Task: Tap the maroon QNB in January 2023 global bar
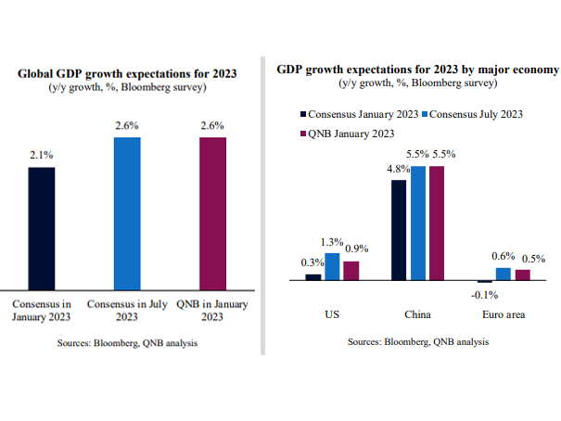tap(212, 213)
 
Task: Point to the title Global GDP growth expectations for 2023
tap(128, 73)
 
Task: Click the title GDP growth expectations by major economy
tap(417, 70)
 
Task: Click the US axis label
tap(332, 314)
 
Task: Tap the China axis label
tap(417, 314)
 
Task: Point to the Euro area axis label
tap(504, 314)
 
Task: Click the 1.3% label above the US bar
tap(332, 242)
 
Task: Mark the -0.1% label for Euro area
tap(484, 295)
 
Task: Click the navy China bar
tap(399, 230)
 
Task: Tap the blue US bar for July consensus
tap(332, 266)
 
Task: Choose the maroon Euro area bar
tap(523, 274)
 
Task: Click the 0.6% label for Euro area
tap(502, 257)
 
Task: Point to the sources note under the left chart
tap(128, 343)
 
